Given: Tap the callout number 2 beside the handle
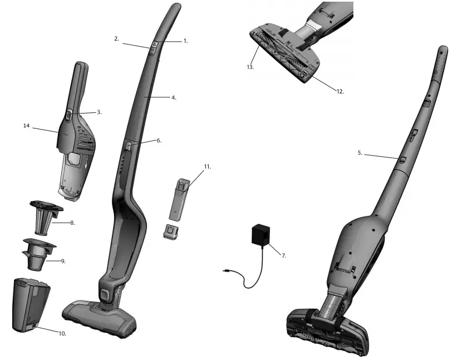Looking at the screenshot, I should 116,39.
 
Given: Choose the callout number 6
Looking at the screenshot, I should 159,141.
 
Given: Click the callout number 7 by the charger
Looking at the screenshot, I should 283,255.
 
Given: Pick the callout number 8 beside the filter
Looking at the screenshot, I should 72,223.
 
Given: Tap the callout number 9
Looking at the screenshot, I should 63,260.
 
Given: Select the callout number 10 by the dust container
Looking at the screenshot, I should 62,333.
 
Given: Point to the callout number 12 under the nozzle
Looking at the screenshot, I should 339,91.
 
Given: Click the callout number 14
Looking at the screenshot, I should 26,126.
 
